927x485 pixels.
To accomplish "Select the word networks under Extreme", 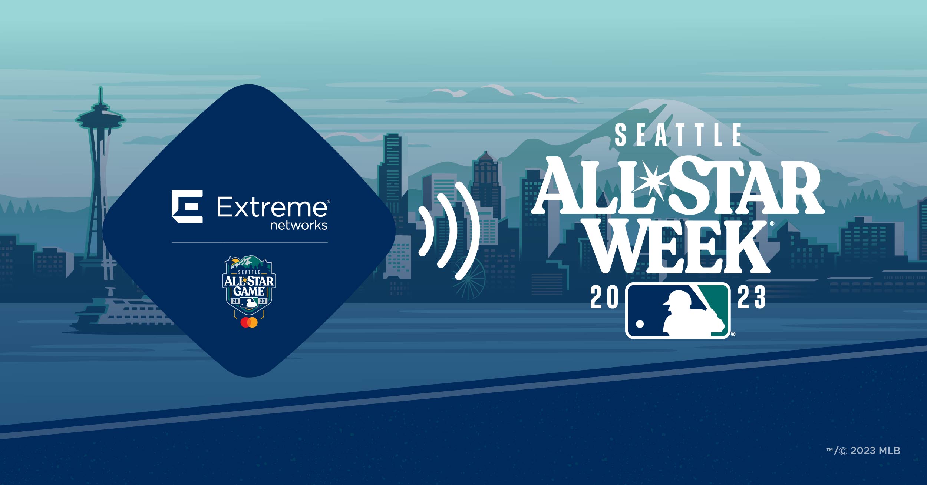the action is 298,225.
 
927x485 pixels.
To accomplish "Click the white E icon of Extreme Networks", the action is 187,206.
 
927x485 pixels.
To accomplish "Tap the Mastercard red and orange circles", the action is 249,322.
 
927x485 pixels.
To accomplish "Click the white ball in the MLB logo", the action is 640,324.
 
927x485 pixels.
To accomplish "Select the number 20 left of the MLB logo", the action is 604,297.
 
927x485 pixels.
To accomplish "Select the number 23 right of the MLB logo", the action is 751,297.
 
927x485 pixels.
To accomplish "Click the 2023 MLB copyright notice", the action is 863,451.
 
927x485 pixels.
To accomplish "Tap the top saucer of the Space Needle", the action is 100,117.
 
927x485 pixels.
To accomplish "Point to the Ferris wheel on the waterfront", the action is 469,278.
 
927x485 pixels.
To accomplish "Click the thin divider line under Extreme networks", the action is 250,243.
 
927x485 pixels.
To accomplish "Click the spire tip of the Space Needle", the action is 100,88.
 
